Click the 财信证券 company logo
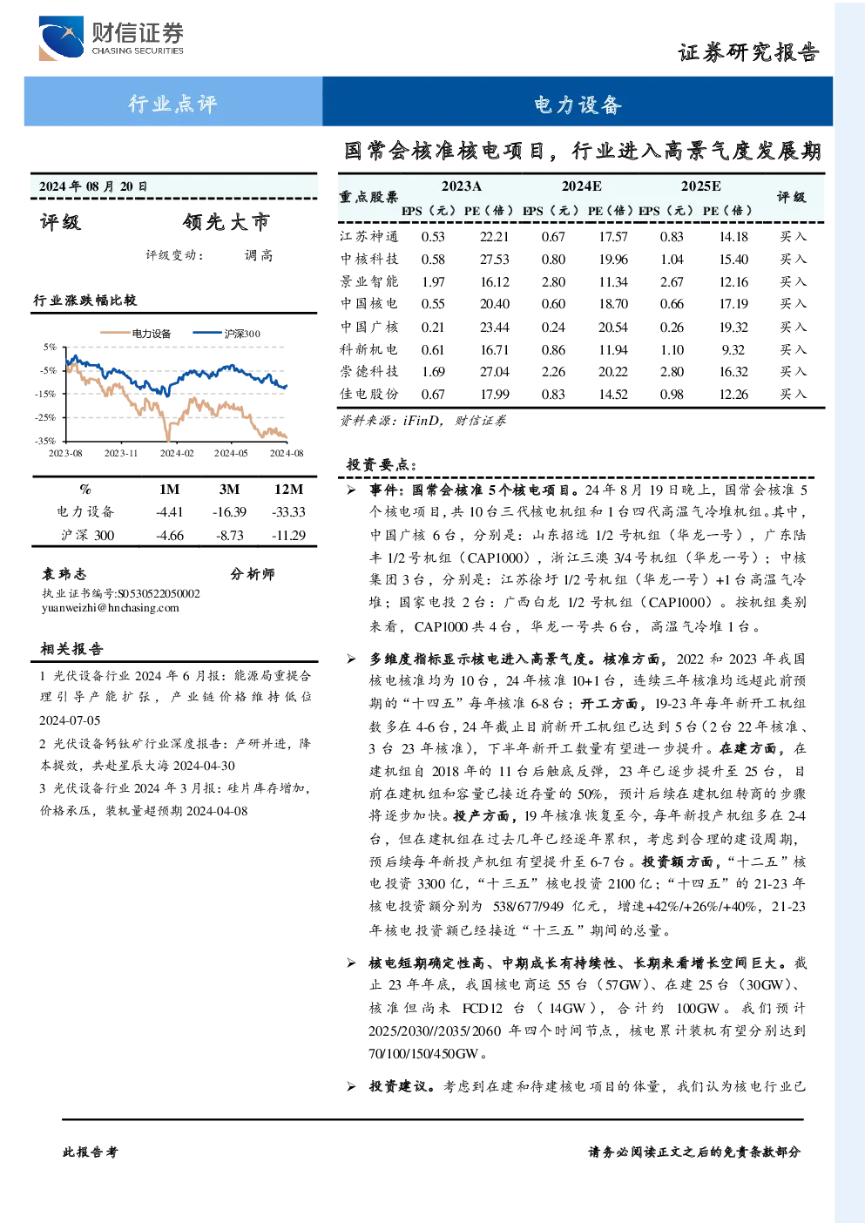112,37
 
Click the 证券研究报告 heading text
748,52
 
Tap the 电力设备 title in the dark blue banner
578,105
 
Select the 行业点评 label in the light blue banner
172,103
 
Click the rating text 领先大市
226,221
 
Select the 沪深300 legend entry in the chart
226,333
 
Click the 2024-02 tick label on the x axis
176,453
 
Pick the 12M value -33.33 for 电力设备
289,512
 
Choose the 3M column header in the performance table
229,490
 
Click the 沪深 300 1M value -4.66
170,536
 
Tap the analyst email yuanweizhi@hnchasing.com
111,608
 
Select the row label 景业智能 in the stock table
369,281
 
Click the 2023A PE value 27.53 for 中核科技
494,260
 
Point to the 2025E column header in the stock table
700,186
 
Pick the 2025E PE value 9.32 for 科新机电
733,349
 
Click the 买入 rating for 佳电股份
793,394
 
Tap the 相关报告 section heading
71,649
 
